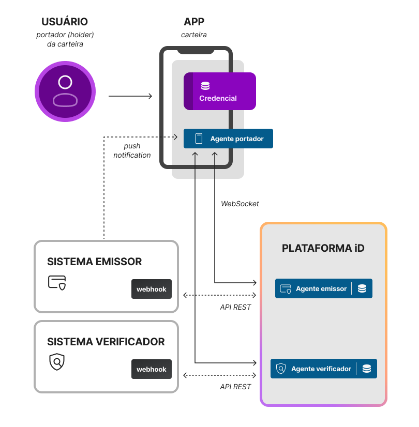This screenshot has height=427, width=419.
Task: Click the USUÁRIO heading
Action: pos(65,22)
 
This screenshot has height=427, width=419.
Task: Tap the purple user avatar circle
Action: pos(65,91)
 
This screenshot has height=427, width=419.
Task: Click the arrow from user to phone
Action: pos(130,96)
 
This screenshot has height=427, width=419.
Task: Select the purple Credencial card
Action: pos(220,91)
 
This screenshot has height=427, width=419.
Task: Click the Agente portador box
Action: pos(228,139)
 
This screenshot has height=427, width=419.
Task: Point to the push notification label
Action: pos(132,151)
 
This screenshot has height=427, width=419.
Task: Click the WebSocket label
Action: pos(240,204)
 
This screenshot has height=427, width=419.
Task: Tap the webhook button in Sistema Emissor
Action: pos(152,289)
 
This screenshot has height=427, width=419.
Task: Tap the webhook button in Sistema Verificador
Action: pos(152,369)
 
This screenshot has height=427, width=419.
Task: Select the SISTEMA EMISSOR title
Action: pos(94,262)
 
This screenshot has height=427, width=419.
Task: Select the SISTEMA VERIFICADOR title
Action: pos(106,342)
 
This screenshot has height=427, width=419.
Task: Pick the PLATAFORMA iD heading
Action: pos(323,248)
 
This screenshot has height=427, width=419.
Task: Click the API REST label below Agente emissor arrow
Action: pos(235,307)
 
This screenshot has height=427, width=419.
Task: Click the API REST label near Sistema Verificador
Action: pos(235,387)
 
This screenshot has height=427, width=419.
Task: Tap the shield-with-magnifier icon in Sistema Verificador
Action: pos(57,362)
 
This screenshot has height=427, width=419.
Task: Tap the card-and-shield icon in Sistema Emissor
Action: pos(57,282)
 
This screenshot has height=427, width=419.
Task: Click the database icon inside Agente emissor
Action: pos(362,288)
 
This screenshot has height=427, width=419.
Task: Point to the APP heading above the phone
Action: pos(194,22)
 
